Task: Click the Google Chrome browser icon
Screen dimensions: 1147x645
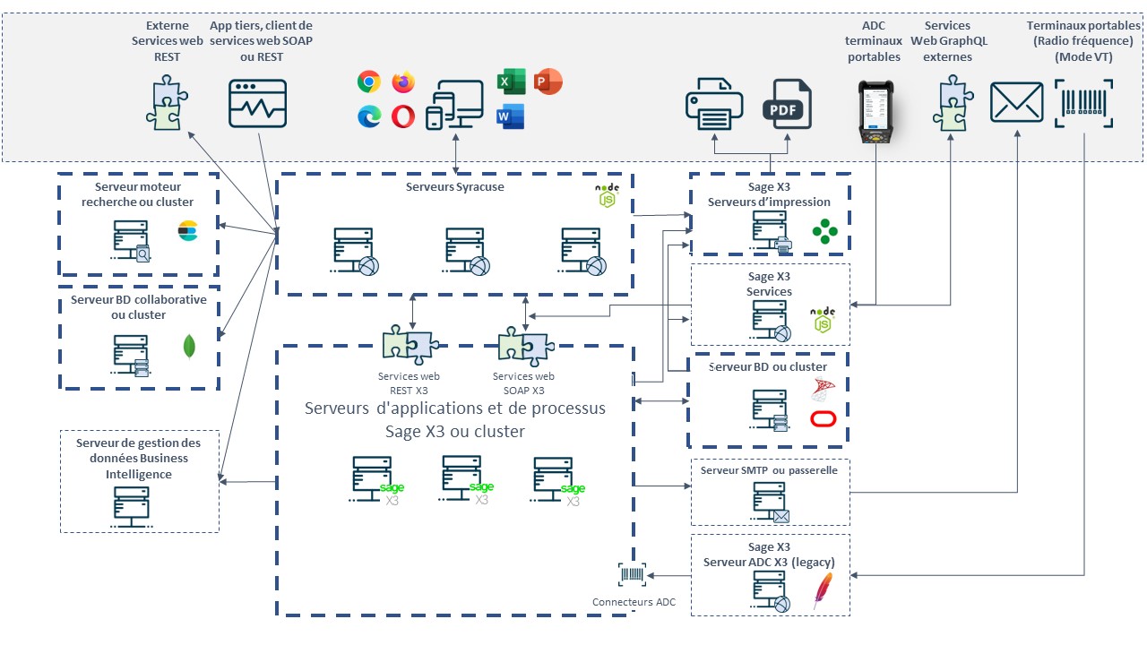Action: [368, 82]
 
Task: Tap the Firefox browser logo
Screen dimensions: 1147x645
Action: [403, 82]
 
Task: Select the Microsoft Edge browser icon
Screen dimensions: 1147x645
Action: [369, 116]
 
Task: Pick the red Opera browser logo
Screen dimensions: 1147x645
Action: [403, 116]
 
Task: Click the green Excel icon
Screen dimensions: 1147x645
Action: [511, 82]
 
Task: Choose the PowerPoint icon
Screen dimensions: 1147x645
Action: [548, 82]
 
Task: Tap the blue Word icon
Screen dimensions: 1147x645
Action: [511, 116]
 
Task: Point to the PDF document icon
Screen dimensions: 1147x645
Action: [787, 104]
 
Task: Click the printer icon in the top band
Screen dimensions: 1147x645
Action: [714, 104]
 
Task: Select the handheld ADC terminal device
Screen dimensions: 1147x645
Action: [875, 111]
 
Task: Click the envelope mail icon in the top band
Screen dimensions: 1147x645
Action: [1016, 102]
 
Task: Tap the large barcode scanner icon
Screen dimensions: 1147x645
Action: [1083, 103]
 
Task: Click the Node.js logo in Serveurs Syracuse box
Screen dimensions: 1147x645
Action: [608, 195]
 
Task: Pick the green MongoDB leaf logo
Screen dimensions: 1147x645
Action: [189, 347]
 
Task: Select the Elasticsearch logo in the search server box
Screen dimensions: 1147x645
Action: [188, 231]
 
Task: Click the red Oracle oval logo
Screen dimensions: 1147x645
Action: [824, 419]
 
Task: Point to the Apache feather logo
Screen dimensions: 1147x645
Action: [823, 590]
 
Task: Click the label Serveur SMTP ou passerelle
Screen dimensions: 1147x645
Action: [769, 470]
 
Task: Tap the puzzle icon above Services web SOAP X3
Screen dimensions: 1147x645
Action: [526, 346]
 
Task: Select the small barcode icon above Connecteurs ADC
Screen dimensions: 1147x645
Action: [632, 574]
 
